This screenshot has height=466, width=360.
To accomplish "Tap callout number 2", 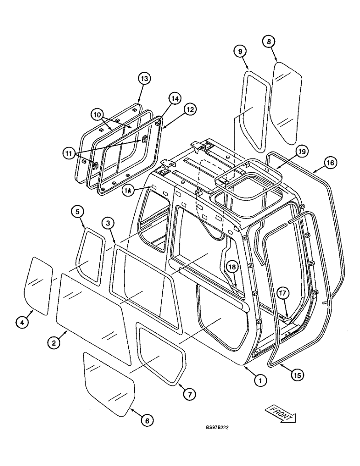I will point(55,343).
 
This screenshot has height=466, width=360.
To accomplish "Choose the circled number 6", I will point(146,420).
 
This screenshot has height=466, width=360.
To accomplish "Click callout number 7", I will point(189,394).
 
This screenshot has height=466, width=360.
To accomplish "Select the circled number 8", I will point(269,41).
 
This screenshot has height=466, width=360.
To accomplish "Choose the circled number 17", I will point(284,294).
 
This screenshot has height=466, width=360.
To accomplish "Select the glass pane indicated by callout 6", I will point(108,383).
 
